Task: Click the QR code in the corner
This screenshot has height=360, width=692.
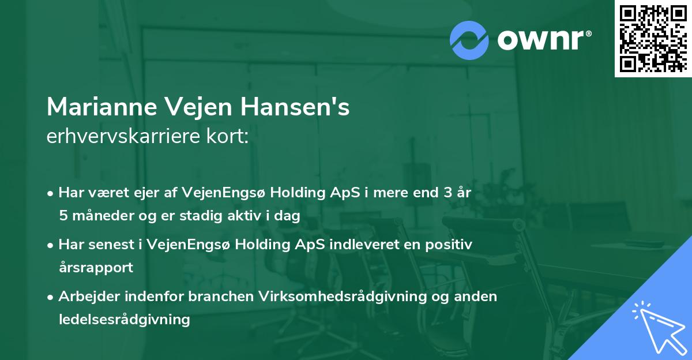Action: [x=653, y=39]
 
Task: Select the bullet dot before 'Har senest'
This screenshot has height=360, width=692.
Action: [x=51, y=245]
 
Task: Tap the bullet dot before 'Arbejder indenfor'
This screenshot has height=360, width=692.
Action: [x=51, y=297]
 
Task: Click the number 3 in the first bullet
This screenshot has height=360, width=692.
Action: [x=446, y=193]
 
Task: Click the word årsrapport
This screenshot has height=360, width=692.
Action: [x=96, y=267]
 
